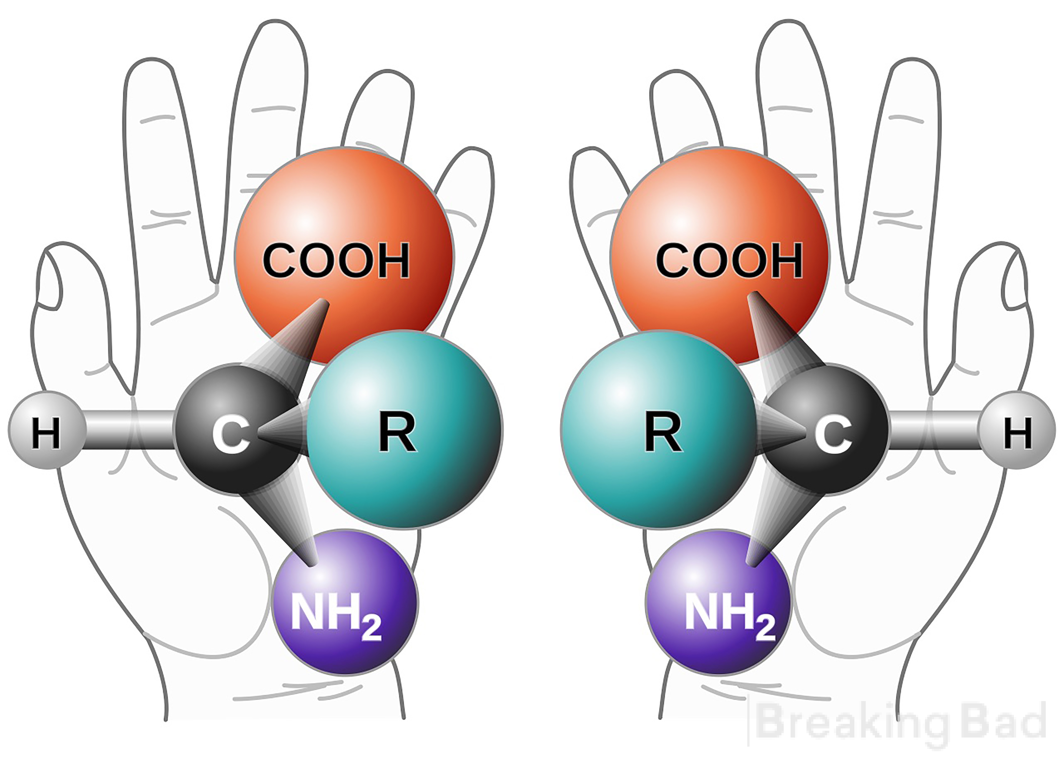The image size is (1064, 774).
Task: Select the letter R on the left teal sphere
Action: pyautogui.click(x=397, y=433)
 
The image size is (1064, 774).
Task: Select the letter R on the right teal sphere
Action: pyautogui.click(x=663, y=433)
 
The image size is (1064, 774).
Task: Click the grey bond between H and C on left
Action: pyautogui.click(x=130, y=431)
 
